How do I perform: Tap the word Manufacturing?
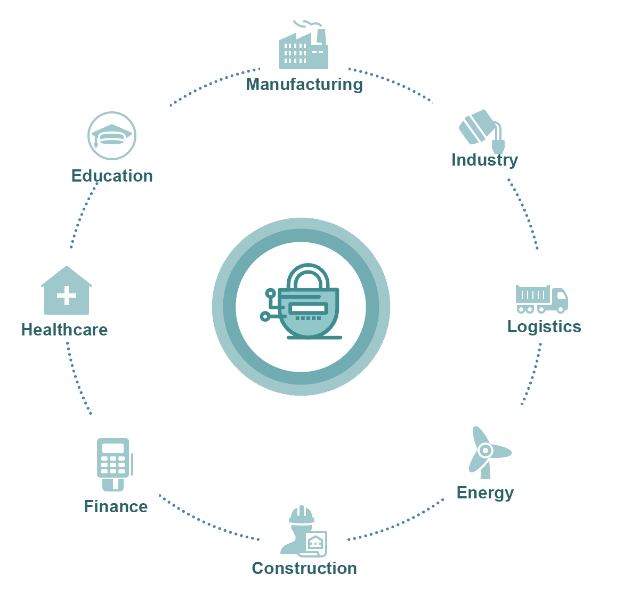pyautogui.click(x=304, y=85)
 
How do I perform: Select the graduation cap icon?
pyautogui.click(x=112, y=136)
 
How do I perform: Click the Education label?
pyautogui.click(x=112, y=176)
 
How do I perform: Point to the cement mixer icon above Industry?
pyautogui.click(x=482, y=131)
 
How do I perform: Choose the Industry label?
pyautogui.click(x=484, y=160)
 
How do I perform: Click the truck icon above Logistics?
pyautogui.click(x=541, y=299)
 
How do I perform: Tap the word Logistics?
pyautogui.click(x=544, y=327)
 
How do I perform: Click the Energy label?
pyautogui.click(x=485, y=493)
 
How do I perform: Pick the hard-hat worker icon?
pyautogui.click(x=304, y=531)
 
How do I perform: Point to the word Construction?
pyautogui.click(x=304, y=568)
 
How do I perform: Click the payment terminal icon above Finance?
pyautogui.click(x=115, y=465)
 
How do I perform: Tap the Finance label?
pyautogui.click(x=116, y=506)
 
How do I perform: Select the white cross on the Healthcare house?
pyautogui.click(x=67, y=296)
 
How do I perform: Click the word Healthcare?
pyautogui.click(x=64, y=330)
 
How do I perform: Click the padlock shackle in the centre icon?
pyautogui.click(x=308, y=276)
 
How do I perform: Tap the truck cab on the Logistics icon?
pyautogui.click(x=560, y=299)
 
